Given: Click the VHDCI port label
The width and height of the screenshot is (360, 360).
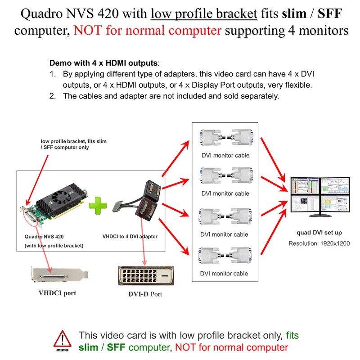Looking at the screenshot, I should pyautogui.click(x=57, y=293).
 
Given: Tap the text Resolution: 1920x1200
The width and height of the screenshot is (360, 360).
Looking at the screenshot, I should pyautogui.click(x=319, y=243).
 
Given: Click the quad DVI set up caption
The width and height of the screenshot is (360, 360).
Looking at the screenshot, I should pyautogui.click(x=319, y=233).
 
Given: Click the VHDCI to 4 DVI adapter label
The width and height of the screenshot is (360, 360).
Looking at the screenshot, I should pyautogui.click(x=130, y=236).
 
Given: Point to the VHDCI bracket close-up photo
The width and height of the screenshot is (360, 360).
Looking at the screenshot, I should pyautogui.click(x=58, y=275).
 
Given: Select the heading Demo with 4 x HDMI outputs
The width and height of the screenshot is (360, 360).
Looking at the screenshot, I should pyautogui.click(x=104, y=63).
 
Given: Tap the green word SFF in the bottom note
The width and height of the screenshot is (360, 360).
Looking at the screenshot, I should pyautogui.click(x=117, y=347).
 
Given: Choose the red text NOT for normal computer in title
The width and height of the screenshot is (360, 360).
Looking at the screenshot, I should pyautogui.click(x=148, y=31).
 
